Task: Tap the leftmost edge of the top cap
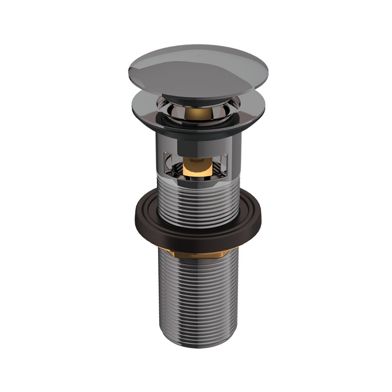(129, 69)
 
